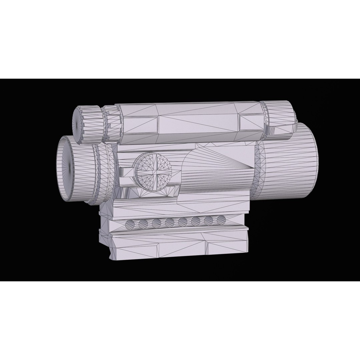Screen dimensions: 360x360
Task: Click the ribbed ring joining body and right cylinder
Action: [258, 170]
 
